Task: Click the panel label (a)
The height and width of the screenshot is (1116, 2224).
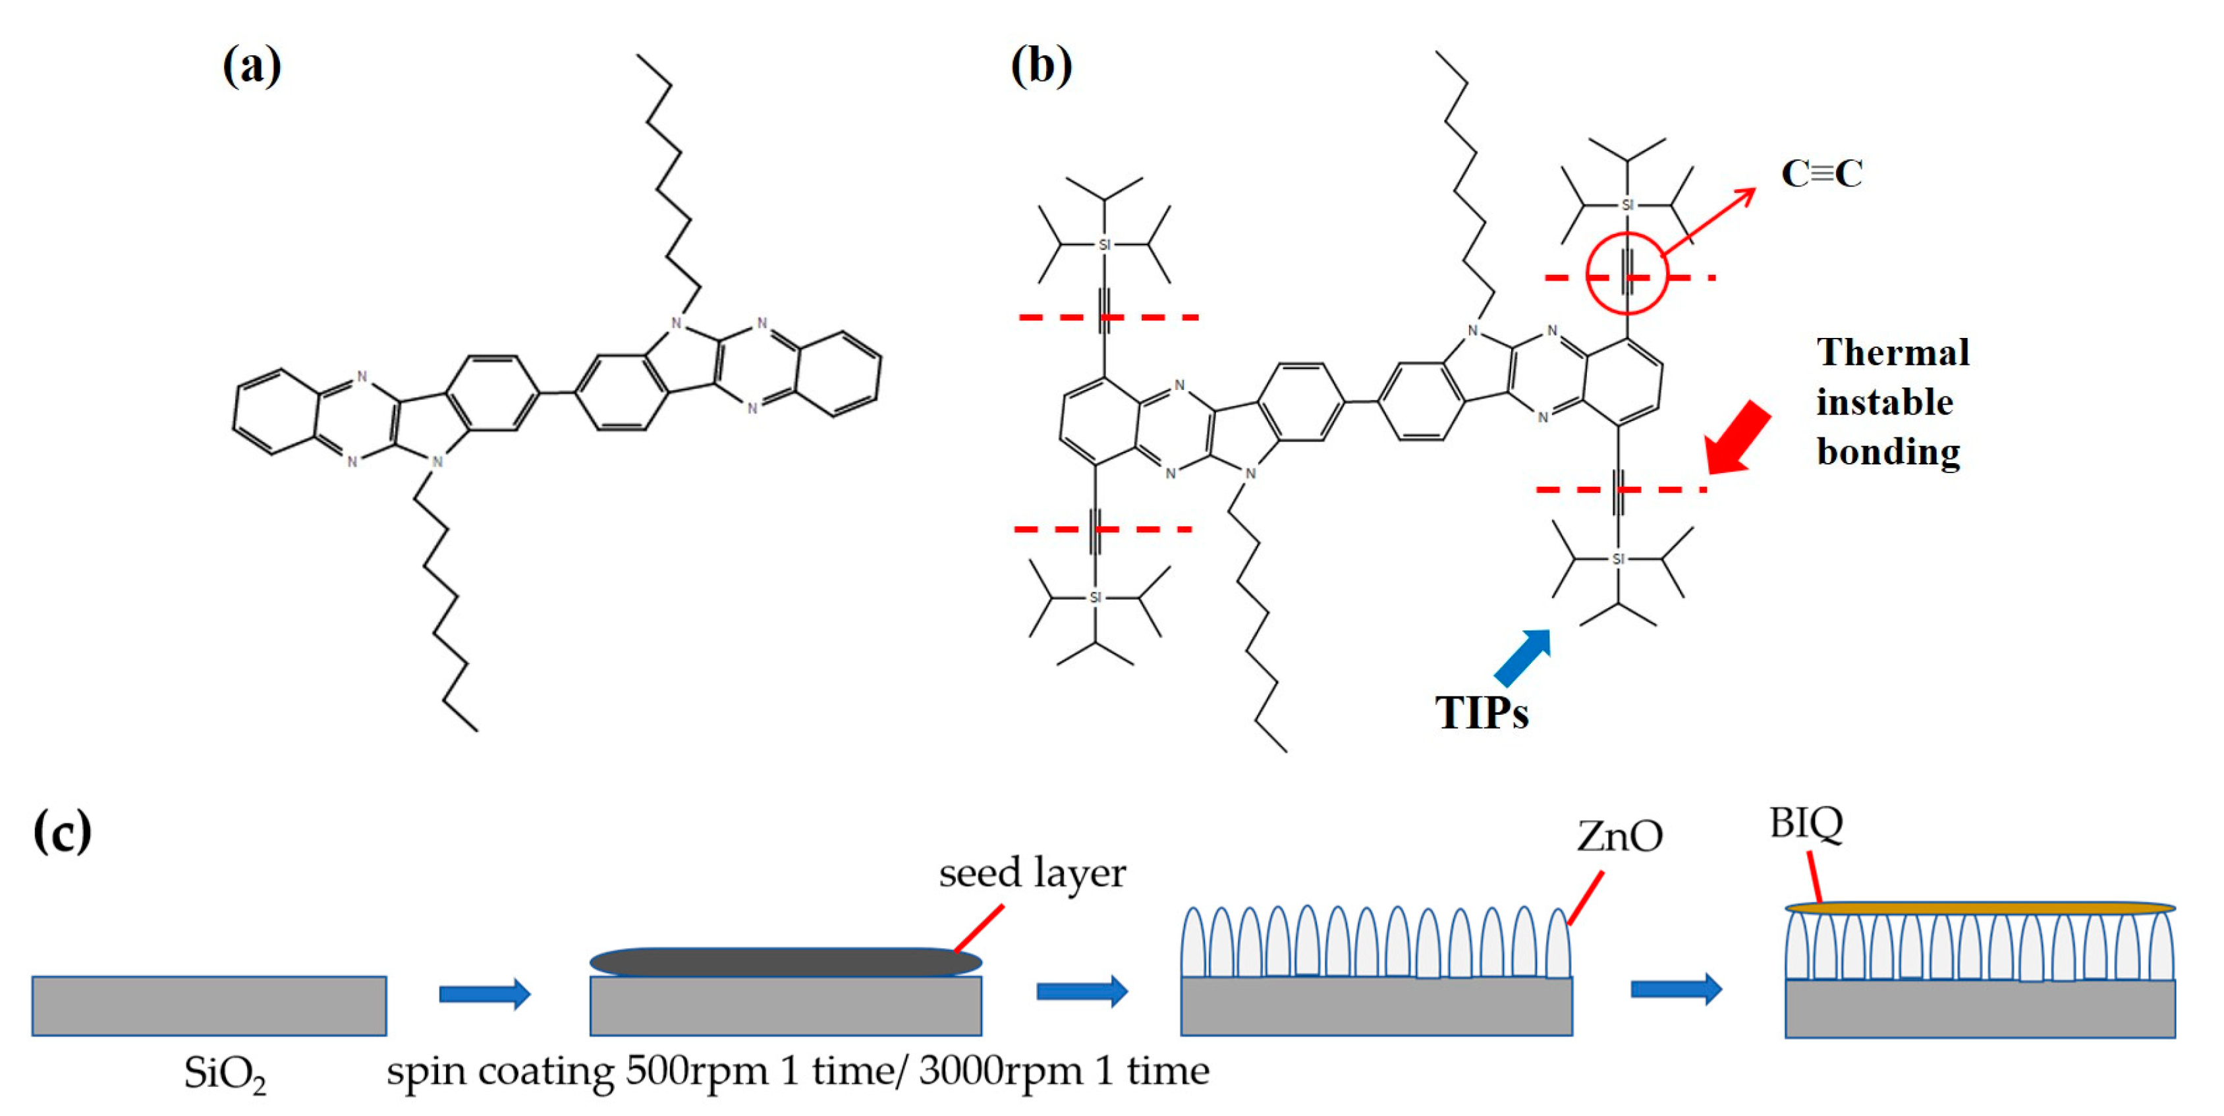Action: (x=251, y=66)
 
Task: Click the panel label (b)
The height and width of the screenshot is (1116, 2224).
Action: (x=1042, y=66)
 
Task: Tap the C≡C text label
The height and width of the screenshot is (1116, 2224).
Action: (x=1821, y=173)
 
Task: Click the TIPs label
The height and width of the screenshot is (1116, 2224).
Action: (x=1482, y=713)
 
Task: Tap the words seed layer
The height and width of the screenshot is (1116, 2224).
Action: (x=1032, y=873)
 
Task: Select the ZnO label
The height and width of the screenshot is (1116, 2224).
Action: (x=1620, y=835)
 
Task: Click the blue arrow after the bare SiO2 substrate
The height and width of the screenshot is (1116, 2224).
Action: (x=484, y=993)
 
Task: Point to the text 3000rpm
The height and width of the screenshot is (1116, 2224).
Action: (x=1000, y=1071)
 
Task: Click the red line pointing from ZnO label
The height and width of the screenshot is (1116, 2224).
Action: (x=1585, y=899)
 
